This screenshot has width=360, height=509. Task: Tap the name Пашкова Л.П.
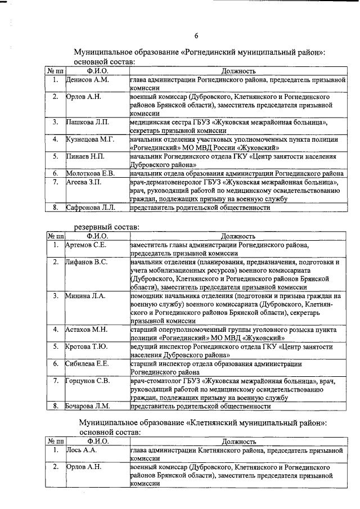[x=88, y=121]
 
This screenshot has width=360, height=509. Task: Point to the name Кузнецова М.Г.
[x=91, y=139]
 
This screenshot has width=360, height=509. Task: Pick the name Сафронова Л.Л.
[x=91, y=208]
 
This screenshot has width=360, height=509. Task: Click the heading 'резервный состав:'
[x=106, y=227]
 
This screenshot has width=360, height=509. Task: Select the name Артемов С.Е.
[x=87, y=245]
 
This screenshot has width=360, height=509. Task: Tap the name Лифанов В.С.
[x=87, y=262]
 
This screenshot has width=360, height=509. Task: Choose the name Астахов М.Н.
[x=87, y=329]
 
